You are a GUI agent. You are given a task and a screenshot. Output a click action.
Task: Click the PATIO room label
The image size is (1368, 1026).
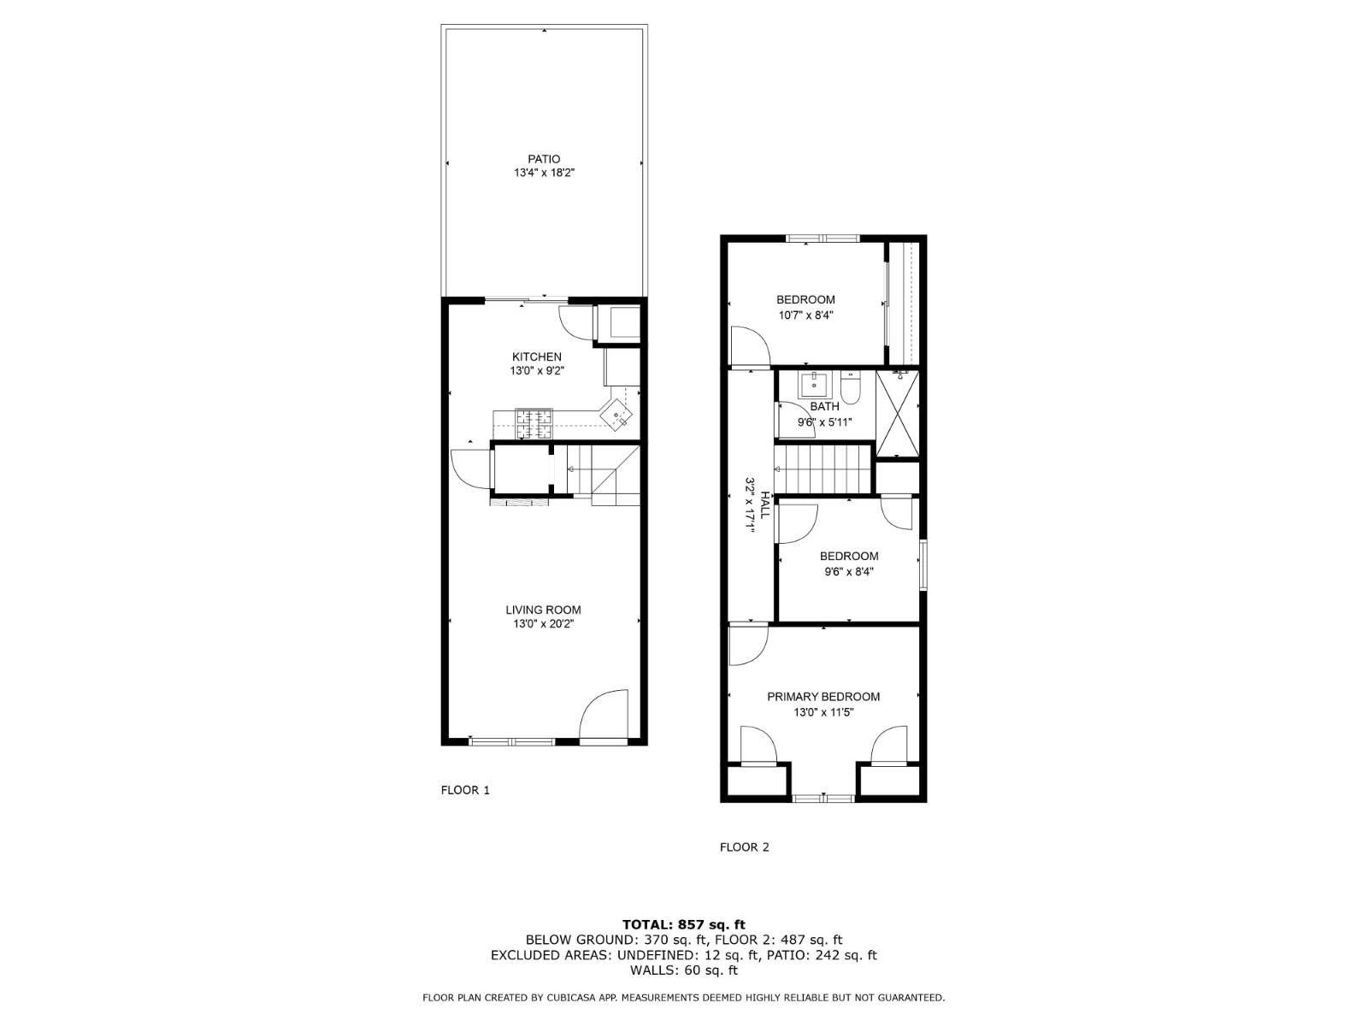(x=544, y=159)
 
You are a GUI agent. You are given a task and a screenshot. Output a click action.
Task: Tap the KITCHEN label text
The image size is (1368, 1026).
(x=537, y=357)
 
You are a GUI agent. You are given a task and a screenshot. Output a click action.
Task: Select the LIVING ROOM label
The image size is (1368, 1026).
(x=543, y=610)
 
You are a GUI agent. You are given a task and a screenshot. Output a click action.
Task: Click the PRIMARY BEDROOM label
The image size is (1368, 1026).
(x=823, y=697)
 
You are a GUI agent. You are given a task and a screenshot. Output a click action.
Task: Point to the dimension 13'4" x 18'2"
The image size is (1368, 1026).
(x=544, y=173)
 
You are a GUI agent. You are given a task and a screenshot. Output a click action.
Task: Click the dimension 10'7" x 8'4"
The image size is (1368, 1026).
(x=805, y=315)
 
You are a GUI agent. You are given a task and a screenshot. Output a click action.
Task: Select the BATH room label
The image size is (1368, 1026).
(x=825, y=407)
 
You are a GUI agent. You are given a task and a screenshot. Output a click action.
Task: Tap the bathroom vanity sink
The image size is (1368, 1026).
(x=813, y=384)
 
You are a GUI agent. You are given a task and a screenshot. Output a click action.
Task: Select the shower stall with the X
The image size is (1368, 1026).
(x=899, y=412)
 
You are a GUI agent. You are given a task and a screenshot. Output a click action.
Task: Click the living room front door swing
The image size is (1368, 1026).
(x=604, y=716)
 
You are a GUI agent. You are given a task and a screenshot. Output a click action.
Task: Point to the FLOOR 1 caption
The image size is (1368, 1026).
(x=465, y=790)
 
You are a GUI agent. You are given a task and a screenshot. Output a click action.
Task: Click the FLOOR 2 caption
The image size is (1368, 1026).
(x=745, y=847)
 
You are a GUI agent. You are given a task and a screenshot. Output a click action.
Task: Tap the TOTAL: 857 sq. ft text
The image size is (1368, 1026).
(x=684, y=924)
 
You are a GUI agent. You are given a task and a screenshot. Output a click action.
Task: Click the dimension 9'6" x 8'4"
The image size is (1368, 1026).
(x=849, y=572)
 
